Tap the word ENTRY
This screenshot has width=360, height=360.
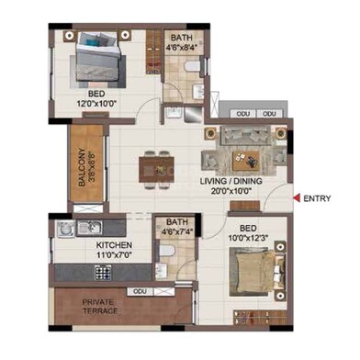point(317,197)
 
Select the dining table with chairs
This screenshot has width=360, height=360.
point(156,168)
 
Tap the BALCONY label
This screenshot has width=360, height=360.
point(81,168)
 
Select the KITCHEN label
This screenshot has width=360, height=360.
point(116,245)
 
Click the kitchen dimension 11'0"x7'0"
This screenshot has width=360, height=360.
point(116,255)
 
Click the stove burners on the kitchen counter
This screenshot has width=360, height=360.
point(101,272)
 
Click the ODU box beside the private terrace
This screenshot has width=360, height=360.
point(139,290)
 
